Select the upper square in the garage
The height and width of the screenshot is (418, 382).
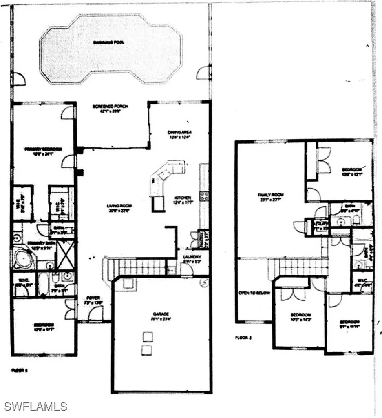coord(148,336)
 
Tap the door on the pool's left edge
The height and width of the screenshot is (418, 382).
coord(18,79)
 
